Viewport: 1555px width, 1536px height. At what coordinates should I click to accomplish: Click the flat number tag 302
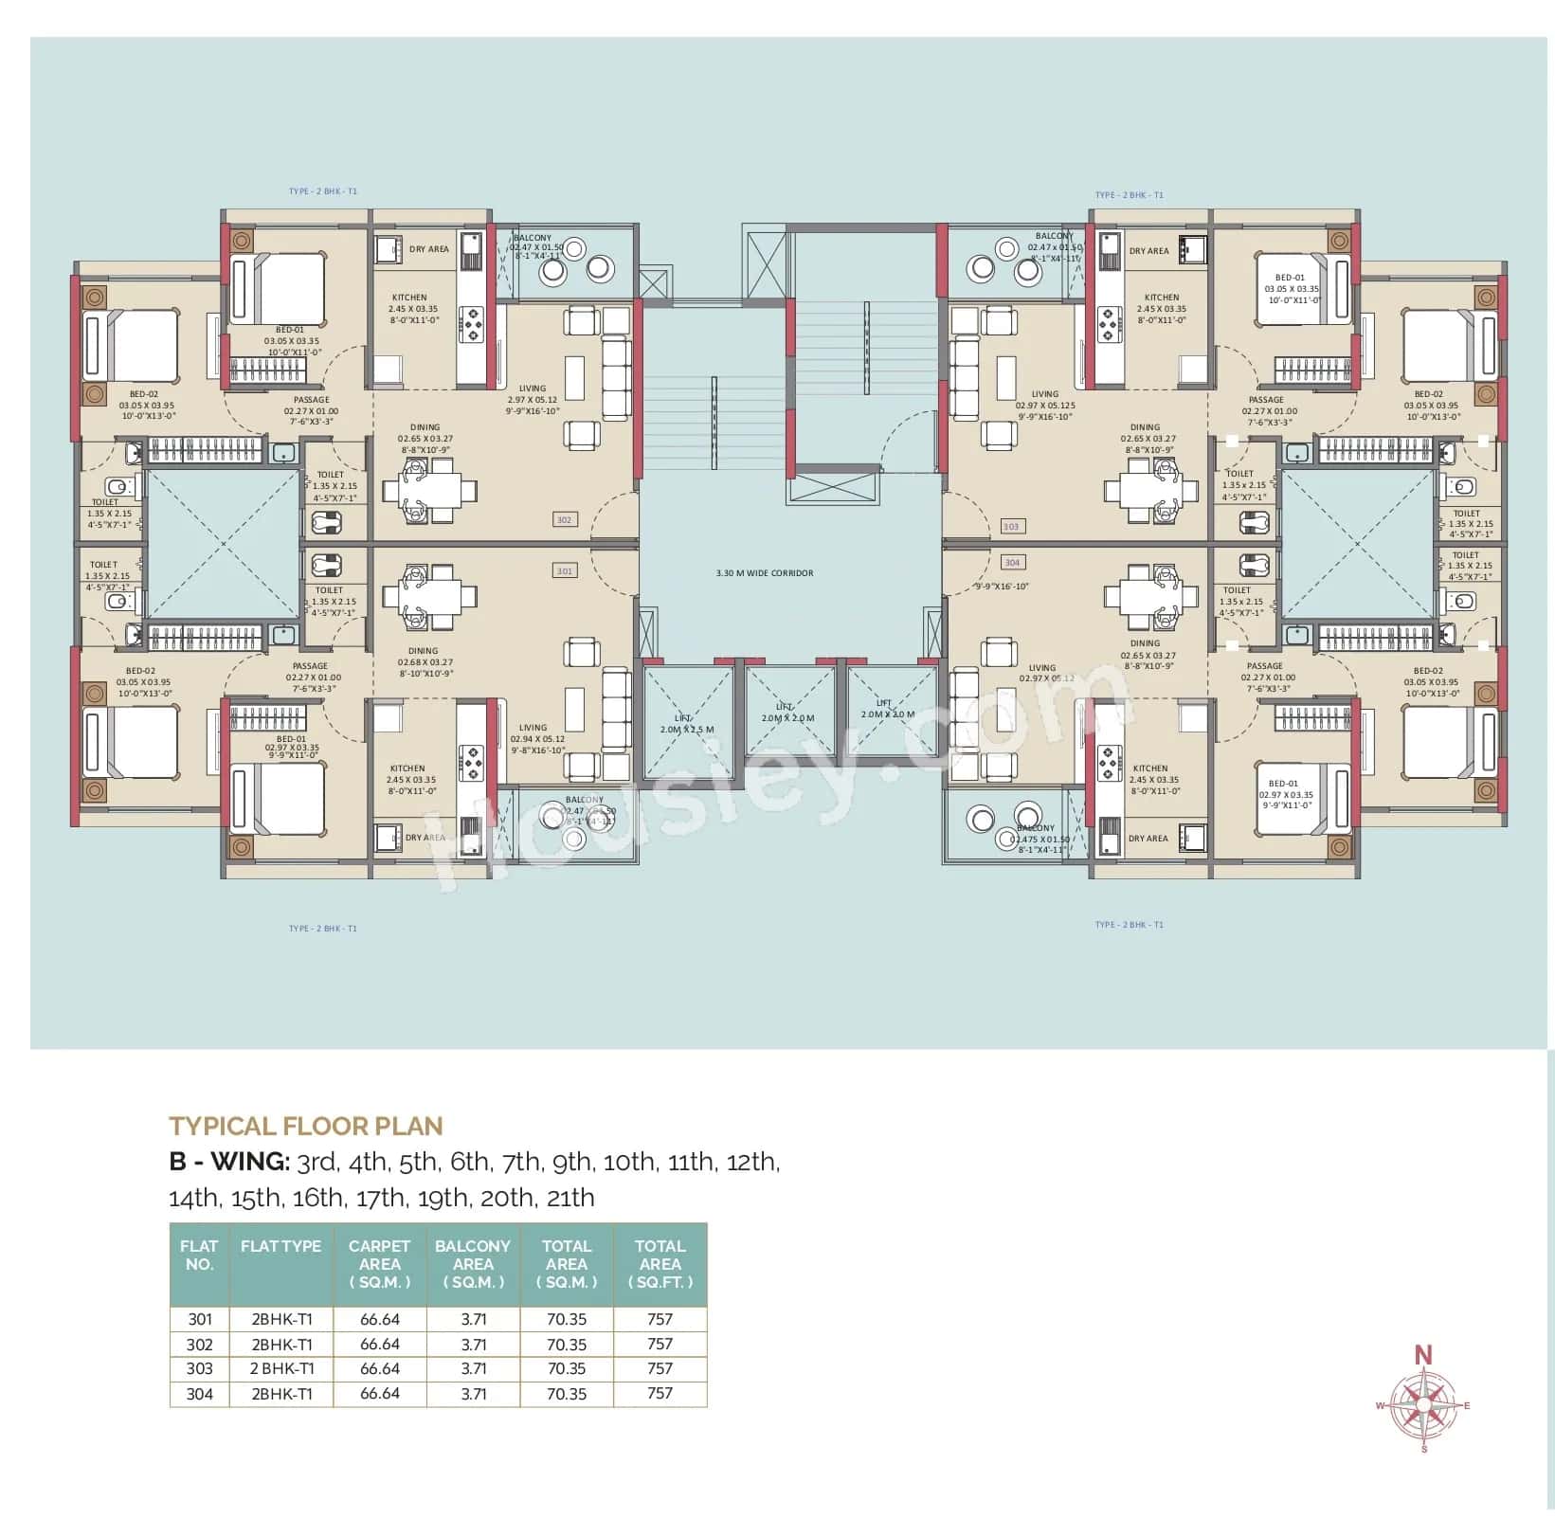[x=564, y=519]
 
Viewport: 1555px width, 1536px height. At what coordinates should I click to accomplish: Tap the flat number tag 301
[x=564, y=570]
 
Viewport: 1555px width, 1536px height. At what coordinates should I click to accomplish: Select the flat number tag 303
[x=1010, y=526]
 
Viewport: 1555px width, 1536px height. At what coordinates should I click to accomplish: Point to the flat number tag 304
[x=1012, y=562]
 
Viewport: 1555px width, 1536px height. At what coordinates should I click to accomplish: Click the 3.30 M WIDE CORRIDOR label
[x=765, y=573]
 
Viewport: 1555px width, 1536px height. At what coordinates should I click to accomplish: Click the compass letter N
[x=1422, y=1356]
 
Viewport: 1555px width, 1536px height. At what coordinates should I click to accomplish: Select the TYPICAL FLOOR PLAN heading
[x=306, y=1126]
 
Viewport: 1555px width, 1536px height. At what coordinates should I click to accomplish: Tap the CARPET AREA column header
[x=379, y=1264]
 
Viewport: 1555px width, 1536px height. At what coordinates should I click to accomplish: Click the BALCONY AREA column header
[x=472, y=1264]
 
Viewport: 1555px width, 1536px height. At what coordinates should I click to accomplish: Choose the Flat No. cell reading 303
[x=200, y=1368]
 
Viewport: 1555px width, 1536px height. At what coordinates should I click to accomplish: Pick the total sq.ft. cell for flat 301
[x=660, y=1319]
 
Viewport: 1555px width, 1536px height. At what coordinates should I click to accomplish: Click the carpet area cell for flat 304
[x=379, y=1393]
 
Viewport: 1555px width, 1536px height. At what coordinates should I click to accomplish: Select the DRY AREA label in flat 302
[x=429, y=249]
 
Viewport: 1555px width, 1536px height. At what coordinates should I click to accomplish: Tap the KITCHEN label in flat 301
[x=407, y=768]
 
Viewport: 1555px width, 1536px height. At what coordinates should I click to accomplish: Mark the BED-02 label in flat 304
[x=1428, y=671]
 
